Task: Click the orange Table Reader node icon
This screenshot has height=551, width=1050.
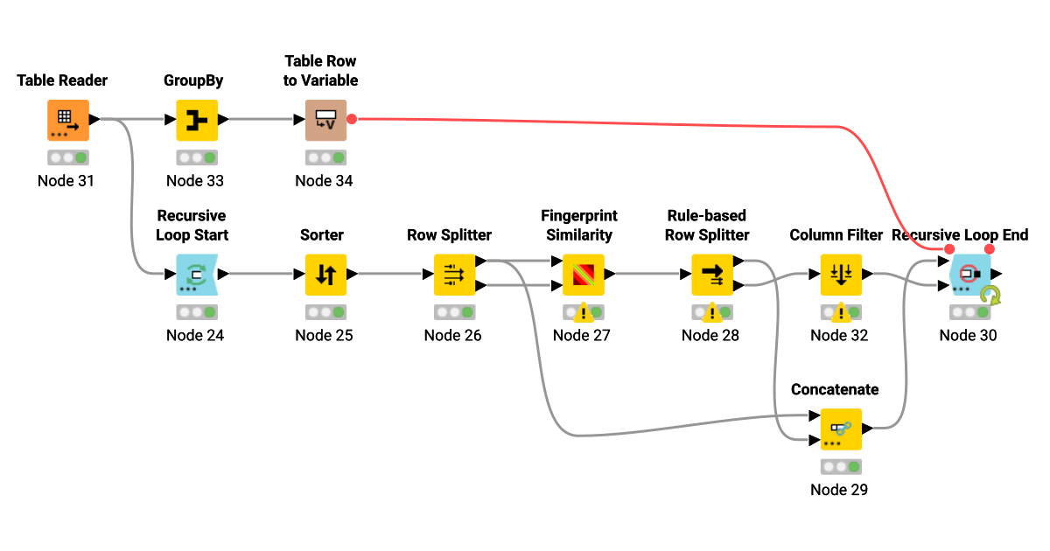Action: point(67,120)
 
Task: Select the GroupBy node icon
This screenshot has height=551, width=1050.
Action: point(197,120)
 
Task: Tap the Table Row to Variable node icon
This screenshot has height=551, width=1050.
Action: point(325,120)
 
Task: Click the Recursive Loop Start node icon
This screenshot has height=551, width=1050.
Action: point(197,275)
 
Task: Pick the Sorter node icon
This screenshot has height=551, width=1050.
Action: point(325,275)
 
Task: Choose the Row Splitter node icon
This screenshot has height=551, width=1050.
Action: point(454,275)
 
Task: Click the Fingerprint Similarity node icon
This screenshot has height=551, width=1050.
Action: point(583,275)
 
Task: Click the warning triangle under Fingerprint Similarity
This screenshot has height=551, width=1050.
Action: point(581,311)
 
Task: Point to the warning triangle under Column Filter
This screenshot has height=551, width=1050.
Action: point(839,311)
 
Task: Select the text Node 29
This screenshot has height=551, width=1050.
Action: point(839,490)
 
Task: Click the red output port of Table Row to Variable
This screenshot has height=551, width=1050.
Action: point(352,119)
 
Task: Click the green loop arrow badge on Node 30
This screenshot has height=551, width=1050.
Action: point(990,296)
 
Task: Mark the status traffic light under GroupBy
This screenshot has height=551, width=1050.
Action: point(197,157)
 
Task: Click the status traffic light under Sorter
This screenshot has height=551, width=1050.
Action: point(325,312)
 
